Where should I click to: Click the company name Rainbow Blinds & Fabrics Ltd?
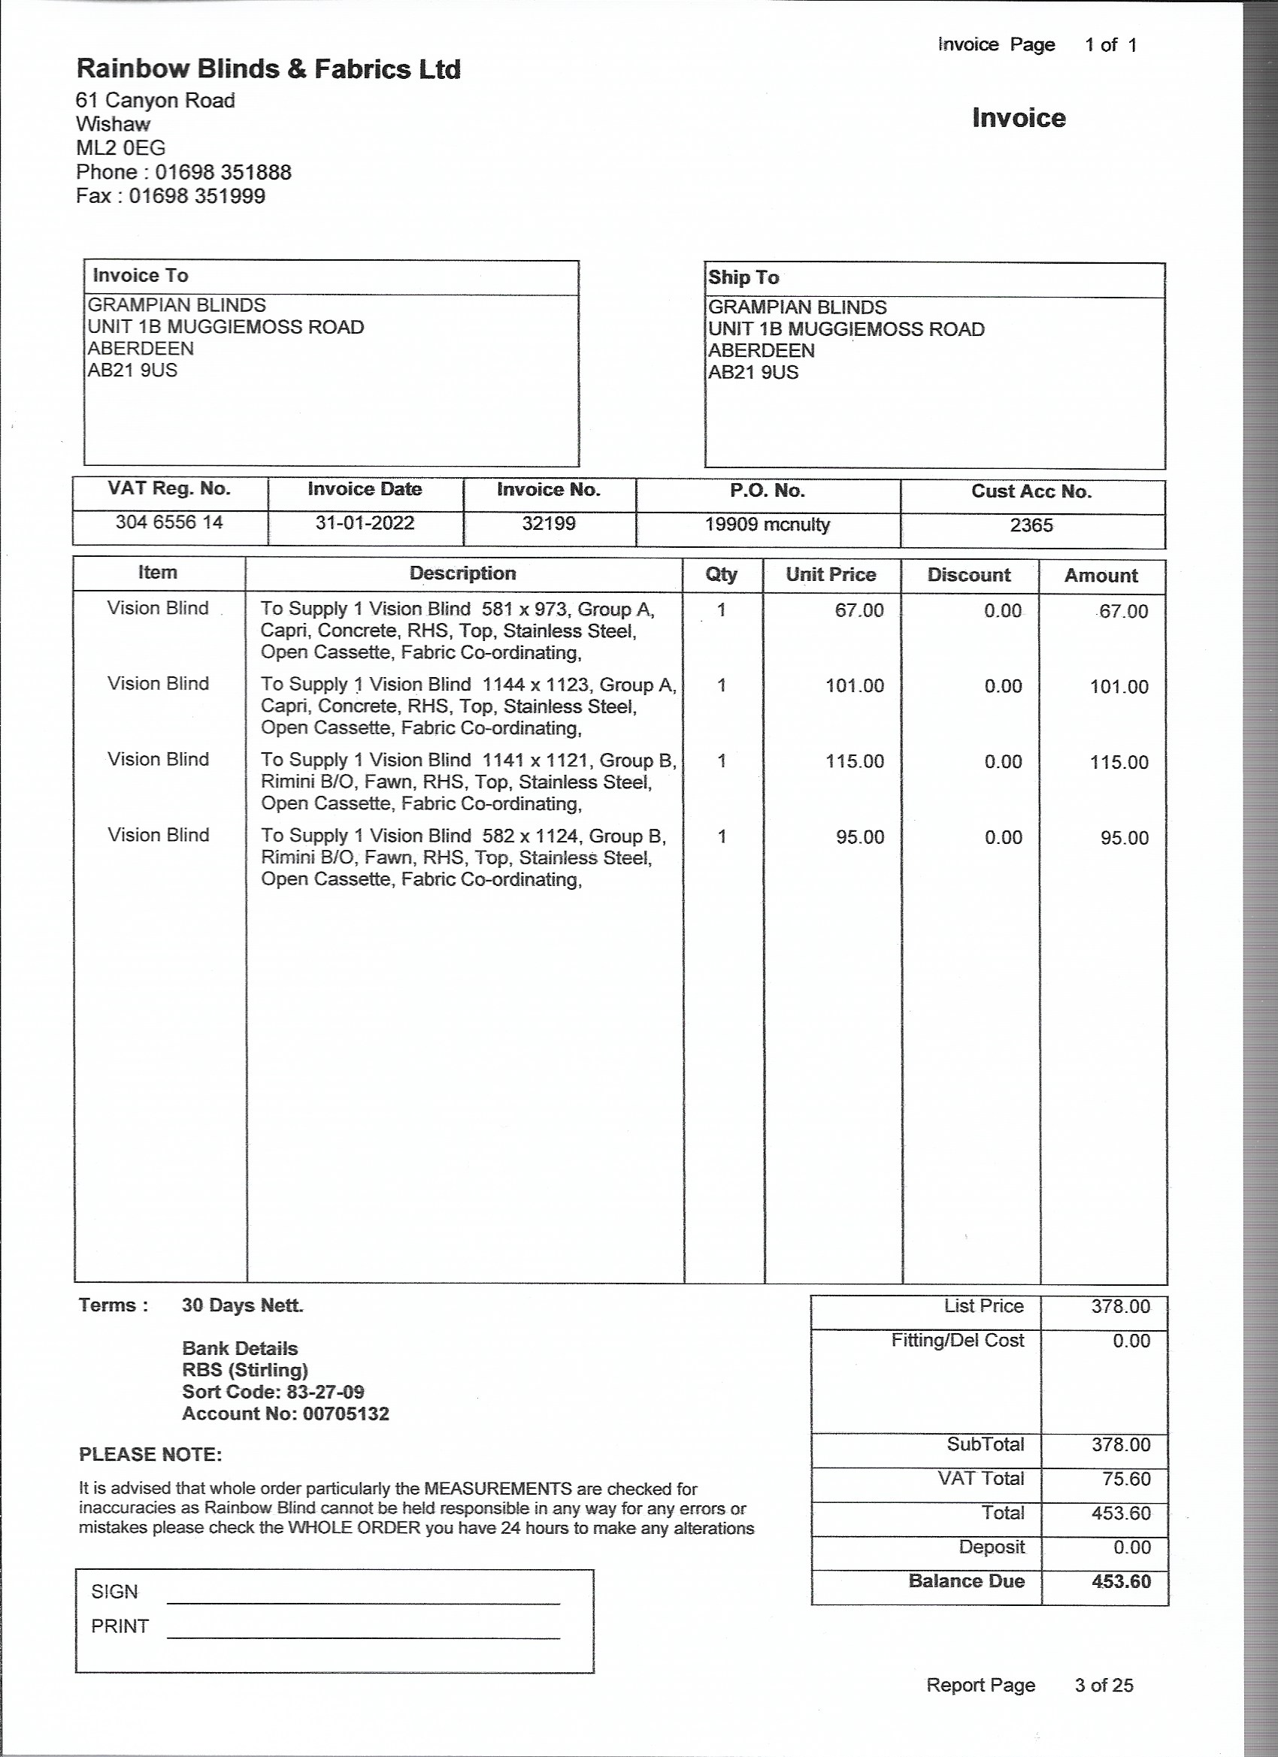(x=268, y=70)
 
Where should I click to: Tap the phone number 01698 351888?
(x=223, y=172)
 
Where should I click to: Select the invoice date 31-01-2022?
(x=365, y=523)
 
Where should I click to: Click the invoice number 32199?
(x=549, y=524)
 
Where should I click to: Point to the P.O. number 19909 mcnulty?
(x=768, y=525)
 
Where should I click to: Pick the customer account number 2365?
(x=1031, y=526)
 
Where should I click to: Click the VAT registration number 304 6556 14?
(x=169, y=522)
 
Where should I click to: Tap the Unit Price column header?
(x=831, y=575)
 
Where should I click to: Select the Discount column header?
(x=969, y=575)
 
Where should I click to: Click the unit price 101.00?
(x=855, y=685)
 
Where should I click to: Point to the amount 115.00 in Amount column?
(x=1119, y=762)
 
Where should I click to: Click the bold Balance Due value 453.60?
(x=1121, y=1582)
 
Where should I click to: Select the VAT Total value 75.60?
(x=1126, y=1479)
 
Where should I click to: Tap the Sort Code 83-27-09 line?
(x=273, y=1392)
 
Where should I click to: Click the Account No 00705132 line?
(x=285, y=1414)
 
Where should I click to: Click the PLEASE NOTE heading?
(x=150, y=1455)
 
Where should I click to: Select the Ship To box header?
(x=743, y=277)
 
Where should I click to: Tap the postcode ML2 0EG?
(x=121, y=148)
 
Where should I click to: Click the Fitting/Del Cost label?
(x=957, y=1341)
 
